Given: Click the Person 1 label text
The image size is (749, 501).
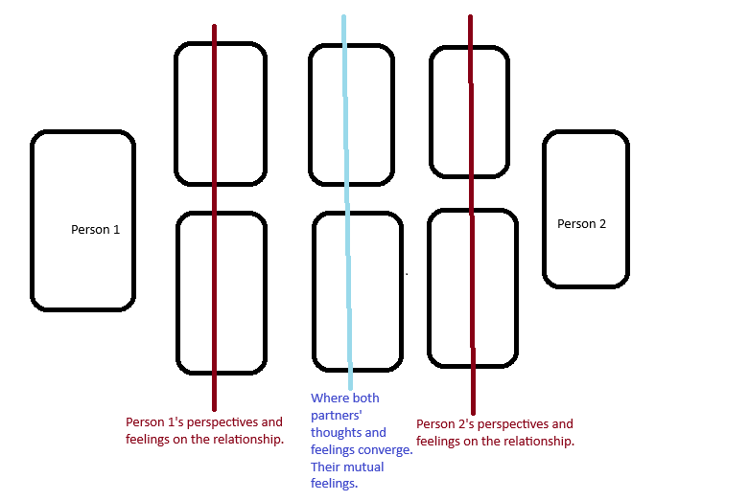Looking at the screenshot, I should pos(96,230).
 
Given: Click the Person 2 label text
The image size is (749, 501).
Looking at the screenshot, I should pos(581,224).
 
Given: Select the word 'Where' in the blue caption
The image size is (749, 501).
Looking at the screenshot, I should pos(331,399).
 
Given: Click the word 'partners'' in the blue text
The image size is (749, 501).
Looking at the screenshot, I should pos(335,416).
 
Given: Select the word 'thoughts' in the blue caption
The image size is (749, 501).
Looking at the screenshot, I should pos(336,433).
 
